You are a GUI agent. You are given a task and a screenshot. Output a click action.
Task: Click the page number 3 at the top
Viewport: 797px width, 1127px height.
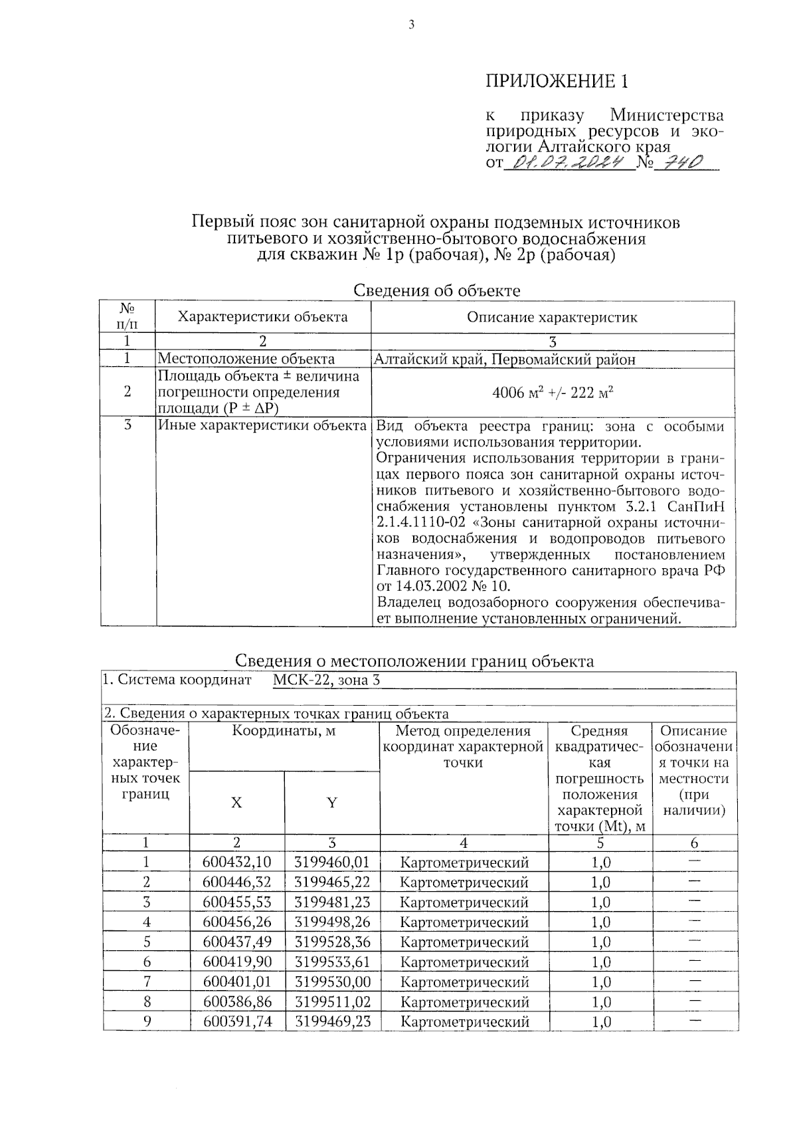411,25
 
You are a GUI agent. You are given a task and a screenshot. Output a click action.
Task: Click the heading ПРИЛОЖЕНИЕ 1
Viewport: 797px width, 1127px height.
557,81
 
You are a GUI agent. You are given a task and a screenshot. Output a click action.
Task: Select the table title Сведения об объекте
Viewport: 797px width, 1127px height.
436,290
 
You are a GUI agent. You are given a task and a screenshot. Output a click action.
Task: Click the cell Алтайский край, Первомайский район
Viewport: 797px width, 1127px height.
504,359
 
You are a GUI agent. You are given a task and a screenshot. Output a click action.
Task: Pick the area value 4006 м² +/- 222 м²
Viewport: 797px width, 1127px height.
552,393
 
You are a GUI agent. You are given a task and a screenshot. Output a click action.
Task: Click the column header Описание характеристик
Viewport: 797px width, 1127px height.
552,317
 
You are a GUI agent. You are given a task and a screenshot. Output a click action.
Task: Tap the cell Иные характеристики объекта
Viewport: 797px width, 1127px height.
262,425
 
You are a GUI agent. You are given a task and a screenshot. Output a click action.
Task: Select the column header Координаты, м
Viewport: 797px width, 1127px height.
284,732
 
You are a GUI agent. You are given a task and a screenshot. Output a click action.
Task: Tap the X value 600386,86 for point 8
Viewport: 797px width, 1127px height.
237,1001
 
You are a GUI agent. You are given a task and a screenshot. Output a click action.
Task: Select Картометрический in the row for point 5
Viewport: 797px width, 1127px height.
464,942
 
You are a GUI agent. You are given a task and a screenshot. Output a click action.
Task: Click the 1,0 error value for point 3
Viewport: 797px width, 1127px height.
600,902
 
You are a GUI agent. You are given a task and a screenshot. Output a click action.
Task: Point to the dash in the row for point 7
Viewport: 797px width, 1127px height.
695,980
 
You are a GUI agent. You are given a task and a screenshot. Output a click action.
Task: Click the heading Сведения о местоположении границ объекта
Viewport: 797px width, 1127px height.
414,661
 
